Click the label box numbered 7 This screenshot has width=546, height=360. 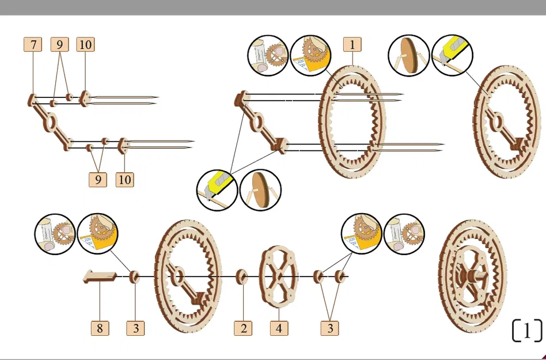point(33,44)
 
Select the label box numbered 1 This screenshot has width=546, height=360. point(352,44)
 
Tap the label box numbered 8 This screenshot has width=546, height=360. point(100,328)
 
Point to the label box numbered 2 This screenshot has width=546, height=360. point(243,328)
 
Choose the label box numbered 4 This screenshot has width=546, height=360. point(279,328)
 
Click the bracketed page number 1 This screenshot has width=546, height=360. point(527,331)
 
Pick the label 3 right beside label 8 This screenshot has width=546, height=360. point(135,328)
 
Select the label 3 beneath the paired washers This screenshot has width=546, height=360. point(330,328)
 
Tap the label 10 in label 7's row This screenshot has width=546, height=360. point(85,44)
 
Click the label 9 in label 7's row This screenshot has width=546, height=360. point(59,44)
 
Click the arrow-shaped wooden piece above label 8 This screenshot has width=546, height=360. point(100,277)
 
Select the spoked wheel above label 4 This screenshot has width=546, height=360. point(279,278)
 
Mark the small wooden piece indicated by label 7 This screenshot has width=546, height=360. point(32,99)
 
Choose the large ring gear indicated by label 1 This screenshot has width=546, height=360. point(352,121)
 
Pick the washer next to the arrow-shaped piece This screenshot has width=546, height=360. point(135,277)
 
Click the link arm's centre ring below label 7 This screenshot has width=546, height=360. point(51,121)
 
